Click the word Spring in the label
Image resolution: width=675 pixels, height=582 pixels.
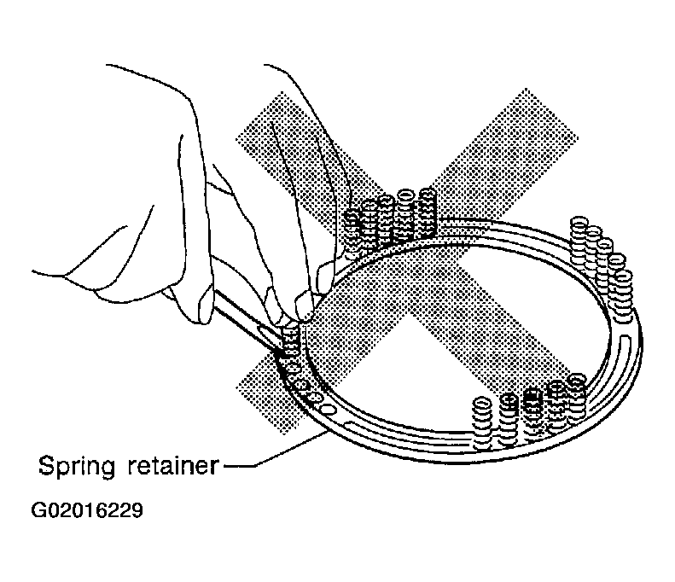(77, 467)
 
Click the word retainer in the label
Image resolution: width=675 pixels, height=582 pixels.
(173, 465)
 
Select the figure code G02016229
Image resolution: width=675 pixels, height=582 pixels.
(87, 510)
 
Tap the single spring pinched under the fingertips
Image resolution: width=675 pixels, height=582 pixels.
(290, 341)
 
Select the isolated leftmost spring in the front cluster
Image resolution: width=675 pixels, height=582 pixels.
(482, 423)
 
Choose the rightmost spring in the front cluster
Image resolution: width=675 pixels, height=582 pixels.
(577, 398)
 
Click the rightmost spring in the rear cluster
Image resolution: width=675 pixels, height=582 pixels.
(427, 212)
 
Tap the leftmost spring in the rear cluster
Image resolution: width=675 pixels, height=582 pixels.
(353, 233)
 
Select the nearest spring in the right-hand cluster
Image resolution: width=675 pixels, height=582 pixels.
(622, 296)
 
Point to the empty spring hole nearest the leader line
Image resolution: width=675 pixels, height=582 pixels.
(328, 408)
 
